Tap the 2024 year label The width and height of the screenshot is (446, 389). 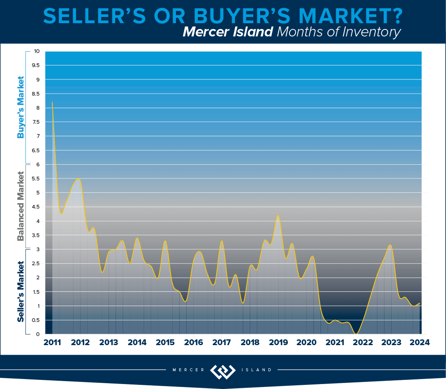pyautogui.click(x=420, y=342)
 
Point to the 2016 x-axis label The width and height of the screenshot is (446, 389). pyautogui.click(x=193, y=342)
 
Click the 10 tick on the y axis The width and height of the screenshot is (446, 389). pyautogui.click(x=37, y=51)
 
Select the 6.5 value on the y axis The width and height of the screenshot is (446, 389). pyautogui.click(x=36, y=150)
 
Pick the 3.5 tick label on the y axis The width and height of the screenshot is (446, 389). pyautogui.click(x=36, y=235)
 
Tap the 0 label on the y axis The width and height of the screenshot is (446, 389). pyautogui.click(x=38, y=334)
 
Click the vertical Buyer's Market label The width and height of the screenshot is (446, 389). pyautogui.click(x=20, y=107)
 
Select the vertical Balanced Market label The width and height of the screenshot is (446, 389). pyautogui.click(x=20, y=206)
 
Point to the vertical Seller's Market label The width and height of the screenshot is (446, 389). pyautogui.click(x=20, y=291)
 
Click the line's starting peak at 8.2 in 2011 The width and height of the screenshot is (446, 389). pyautogui.click(x=52, y=102)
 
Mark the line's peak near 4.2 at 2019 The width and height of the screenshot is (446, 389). pyautogui.click(x=278, y=216)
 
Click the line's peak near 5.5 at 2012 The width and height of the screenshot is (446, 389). pyautogui.click(x=78, y=178)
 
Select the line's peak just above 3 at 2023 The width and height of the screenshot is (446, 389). pyautogui.click(x=389, y=245)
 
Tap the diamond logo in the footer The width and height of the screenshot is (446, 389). pyautogui.click(x=223, y=371)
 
